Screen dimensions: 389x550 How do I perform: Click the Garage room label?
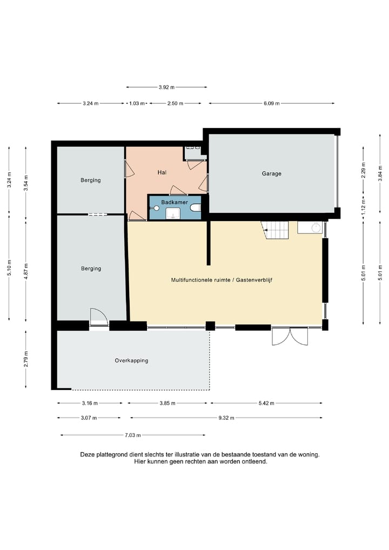(272, 173)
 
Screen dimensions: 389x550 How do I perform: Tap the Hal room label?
(162, 172)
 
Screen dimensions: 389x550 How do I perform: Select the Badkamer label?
(175, 202)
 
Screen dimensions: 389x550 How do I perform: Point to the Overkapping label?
(131, 360)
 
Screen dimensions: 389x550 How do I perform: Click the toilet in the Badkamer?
(196, 207)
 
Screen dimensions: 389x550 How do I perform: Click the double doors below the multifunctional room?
(290, 336)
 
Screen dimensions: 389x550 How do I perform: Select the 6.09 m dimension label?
(272, 104)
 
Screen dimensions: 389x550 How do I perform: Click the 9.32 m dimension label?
(226, 418)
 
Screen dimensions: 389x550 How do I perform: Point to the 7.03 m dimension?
(132, 435)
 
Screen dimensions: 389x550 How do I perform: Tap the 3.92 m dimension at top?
(166, 87)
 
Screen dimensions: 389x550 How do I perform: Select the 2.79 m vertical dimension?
(25, 359)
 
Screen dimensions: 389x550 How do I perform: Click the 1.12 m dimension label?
(364, 204)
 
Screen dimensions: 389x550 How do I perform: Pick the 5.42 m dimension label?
(266, 403)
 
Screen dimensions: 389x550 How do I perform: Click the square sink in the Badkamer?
(172, 213)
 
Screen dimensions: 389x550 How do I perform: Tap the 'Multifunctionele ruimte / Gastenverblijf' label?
(222, 280)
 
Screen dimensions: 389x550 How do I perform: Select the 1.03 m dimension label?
(137, 104)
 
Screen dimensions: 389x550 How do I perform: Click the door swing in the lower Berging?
(98, 317)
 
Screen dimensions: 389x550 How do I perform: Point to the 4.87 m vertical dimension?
(25, 271)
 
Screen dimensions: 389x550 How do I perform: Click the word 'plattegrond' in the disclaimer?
(109, 454)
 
